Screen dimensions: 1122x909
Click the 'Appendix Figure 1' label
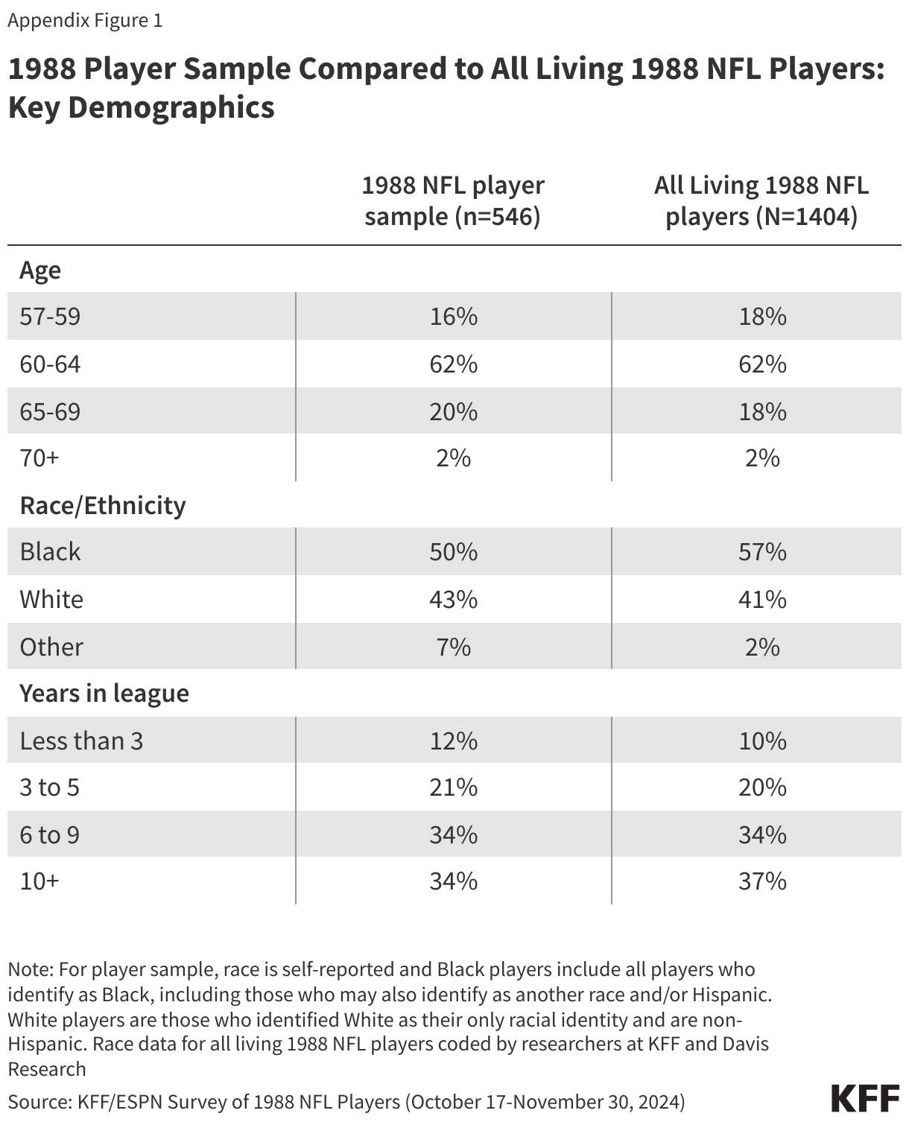85,20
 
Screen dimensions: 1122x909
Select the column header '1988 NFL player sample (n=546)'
453,200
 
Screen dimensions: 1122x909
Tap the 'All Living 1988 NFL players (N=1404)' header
761,200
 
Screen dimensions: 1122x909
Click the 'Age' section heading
40,270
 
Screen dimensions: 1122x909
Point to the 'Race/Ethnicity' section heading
102,505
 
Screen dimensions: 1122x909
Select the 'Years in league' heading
104,693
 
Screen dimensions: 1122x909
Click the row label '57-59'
50,317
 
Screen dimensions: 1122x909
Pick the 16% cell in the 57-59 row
453,317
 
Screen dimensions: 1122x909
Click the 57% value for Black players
762,551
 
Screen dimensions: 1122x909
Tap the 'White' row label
51,599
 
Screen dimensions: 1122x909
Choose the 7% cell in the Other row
453,647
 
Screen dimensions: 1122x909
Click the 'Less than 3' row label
81,741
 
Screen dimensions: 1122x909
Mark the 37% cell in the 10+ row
762,881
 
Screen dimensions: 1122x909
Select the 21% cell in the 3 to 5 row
453,787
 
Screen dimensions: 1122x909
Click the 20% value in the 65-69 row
453,411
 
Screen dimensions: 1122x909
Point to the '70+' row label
39,457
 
